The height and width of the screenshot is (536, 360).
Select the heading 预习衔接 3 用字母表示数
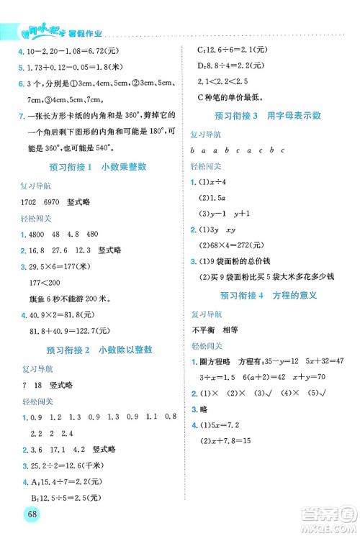point(268,115)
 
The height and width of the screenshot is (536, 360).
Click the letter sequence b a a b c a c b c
point(238,150)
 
